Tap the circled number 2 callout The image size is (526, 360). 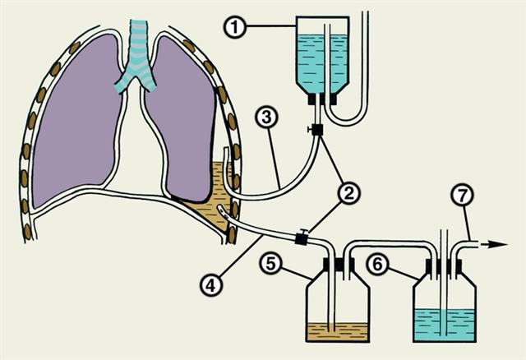click(349, 195)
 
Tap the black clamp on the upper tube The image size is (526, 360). click(316, 130)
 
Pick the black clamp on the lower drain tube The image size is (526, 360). click(300, 239)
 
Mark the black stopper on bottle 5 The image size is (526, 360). click(337, 265)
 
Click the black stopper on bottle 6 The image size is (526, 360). click(444, 265)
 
